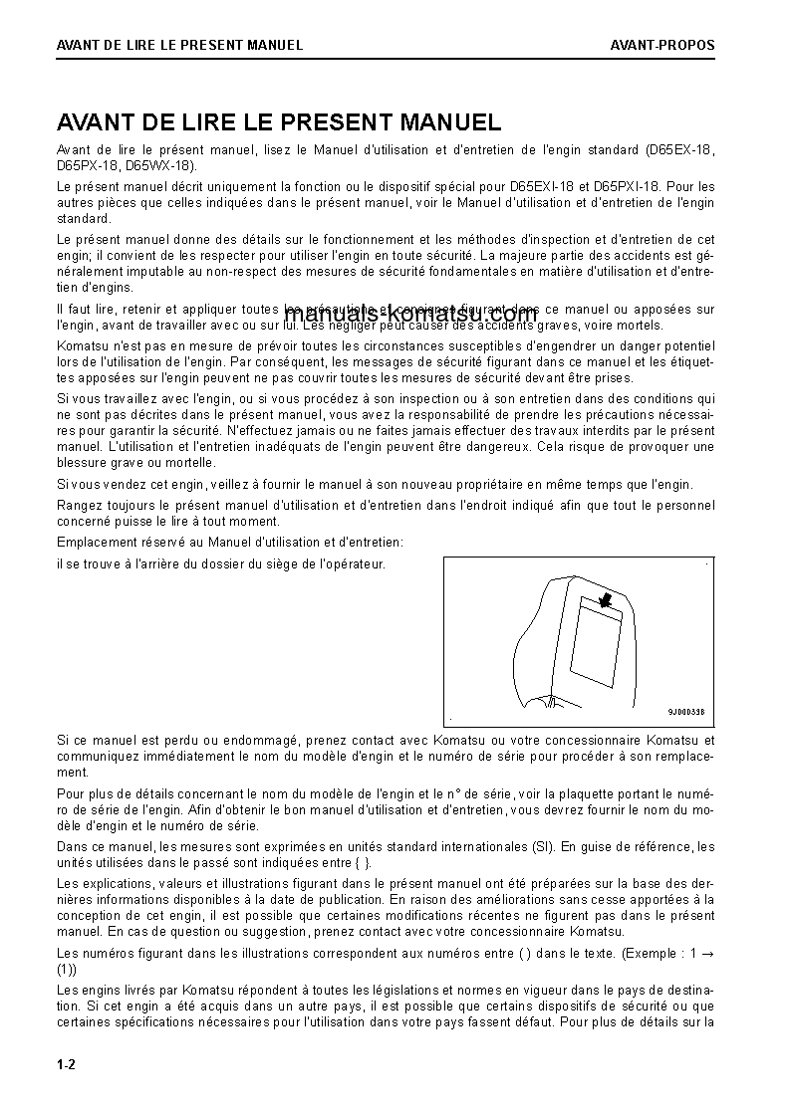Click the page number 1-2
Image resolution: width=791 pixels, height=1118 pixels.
click(x=66, y=1065)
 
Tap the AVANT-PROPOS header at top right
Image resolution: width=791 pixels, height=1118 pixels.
click(x=662, y=45)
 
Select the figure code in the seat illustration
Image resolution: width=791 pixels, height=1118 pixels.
click(x=686, y=712)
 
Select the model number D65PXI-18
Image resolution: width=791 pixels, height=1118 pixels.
click(x=627, y=186)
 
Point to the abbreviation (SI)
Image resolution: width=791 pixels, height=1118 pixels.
click(x=542, y=847)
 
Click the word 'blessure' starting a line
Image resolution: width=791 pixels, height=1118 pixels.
click(x=81, y=462)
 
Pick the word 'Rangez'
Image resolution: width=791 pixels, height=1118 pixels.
click(x=77, y=506)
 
